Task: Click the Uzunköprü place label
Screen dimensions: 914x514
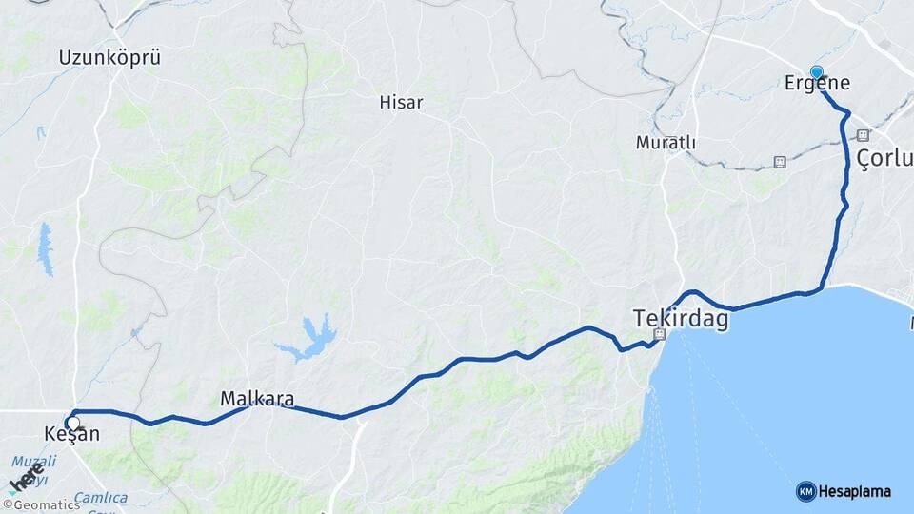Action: click(109, 57)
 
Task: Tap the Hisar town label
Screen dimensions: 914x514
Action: click(401, 102)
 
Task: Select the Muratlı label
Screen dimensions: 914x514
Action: click(666, 143)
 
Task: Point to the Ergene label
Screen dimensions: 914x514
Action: click(817, 84)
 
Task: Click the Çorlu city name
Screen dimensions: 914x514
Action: click(884, 158)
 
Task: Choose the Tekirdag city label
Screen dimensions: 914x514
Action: click(682, 319)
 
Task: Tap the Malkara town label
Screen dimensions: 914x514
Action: click(256, 399)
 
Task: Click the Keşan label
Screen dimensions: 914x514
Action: click(72, 435)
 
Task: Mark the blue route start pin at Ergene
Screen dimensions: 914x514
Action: click(816, 71)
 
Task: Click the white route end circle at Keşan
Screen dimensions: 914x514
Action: click(71, 423)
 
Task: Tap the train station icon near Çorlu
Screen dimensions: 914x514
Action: click(863, 135)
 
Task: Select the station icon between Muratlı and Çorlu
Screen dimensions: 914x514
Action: click(780, 162)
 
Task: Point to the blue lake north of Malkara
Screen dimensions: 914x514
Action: click(308, 338)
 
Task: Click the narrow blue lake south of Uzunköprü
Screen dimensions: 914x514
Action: click(45, 249)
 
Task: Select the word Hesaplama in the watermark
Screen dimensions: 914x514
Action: click(854, 491)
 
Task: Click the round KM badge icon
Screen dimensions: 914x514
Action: click(805, 491)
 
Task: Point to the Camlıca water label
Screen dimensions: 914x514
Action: click(101, 498)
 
